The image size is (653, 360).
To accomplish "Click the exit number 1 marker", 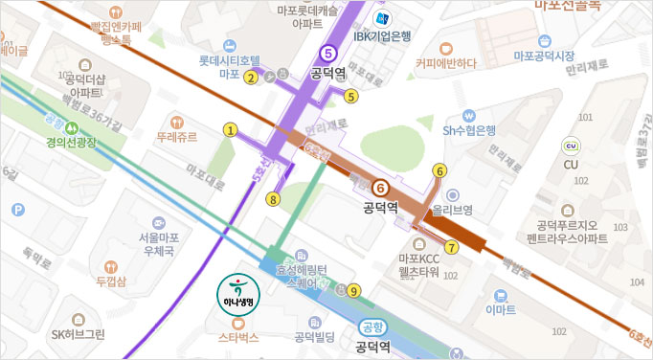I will click(230, 129).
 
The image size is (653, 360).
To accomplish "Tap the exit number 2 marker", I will click(250, 78).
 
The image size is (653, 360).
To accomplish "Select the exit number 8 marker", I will click(273, 199).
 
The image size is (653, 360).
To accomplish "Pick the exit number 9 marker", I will click(353, 291).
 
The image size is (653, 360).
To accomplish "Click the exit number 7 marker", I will click(451, 246).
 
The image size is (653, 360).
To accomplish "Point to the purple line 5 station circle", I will click(328, 54).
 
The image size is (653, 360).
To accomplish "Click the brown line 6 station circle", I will click(380, 188).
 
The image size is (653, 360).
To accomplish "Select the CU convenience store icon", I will click(572, 146).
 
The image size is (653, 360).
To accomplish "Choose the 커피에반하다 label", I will click(446, 63).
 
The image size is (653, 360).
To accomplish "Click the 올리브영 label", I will click(453, 208).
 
